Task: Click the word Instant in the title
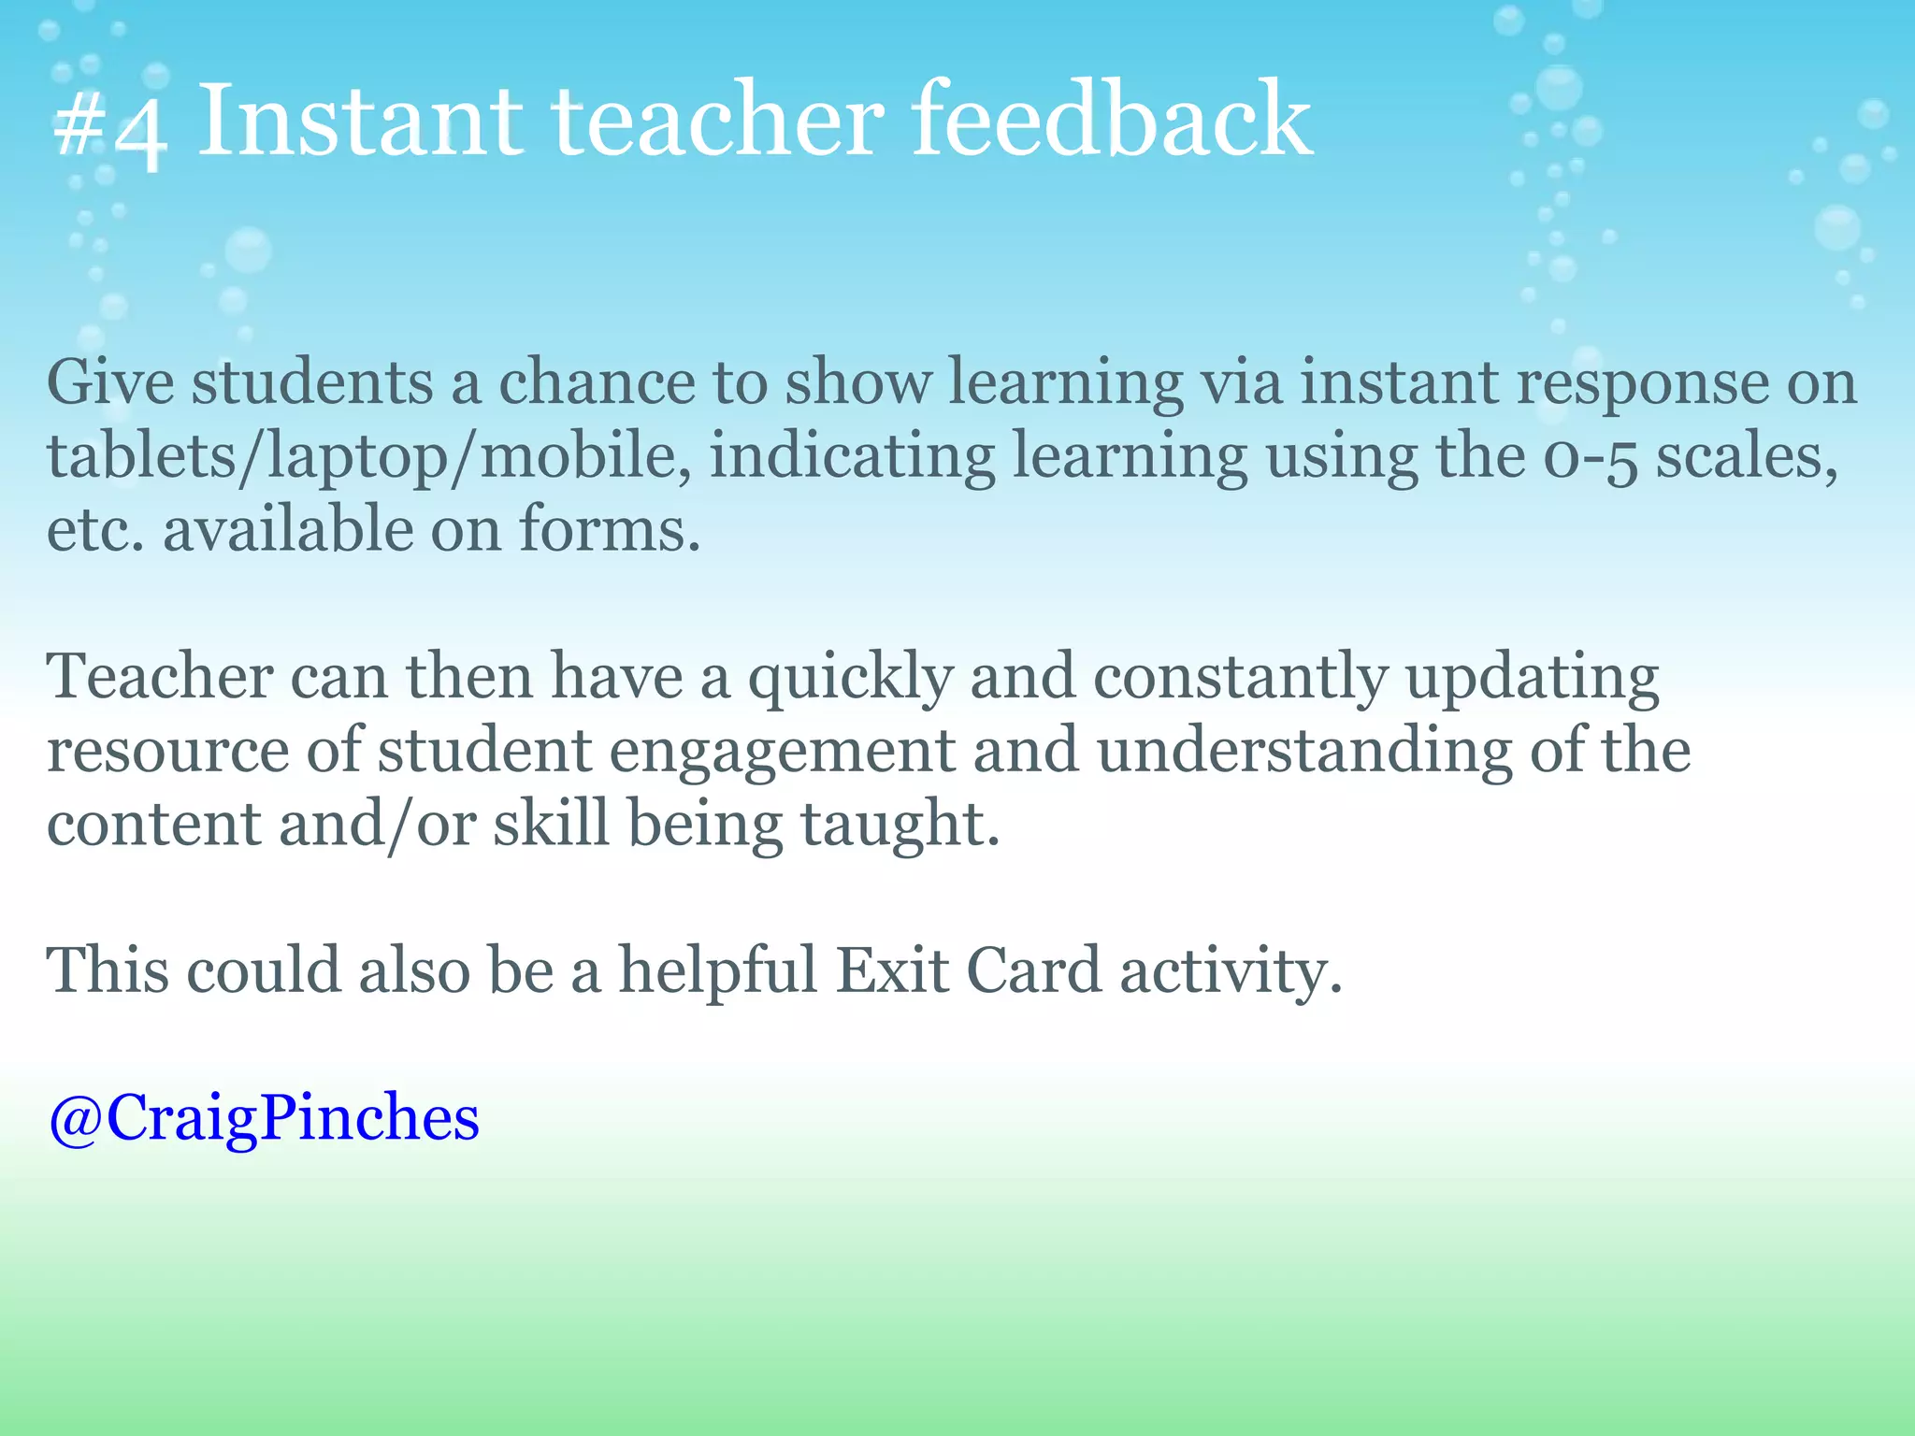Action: point(360,120)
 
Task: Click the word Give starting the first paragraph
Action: point(110,382)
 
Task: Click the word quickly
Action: point(849,677)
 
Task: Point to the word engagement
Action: point(782,751)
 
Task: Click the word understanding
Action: point(1303,751)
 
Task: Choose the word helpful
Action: point(718,969)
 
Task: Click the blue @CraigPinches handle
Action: point(264,1117)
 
